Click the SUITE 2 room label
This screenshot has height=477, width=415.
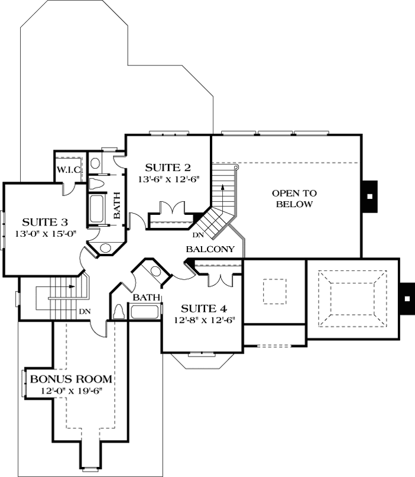click(x=168, y=167)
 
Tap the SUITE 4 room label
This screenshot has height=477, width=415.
click(x=203, y=308)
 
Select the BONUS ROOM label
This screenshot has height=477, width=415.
click(x=71, y=378)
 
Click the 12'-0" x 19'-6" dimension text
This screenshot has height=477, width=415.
click(x=71, y=390)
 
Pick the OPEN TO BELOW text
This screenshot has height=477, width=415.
click(x=294, y=198)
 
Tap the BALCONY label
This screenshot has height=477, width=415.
click(x=210, y=249)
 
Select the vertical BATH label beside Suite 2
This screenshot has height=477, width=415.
click(x=117, y=205)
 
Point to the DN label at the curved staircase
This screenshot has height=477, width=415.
click(x=199, y=235)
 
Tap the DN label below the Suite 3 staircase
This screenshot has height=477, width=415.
click(x=85, y=311)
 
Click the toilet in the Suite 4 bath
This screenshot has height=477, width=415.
click(x=118, y=311)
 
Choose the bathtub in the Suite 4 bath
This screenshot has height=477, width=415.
click(x=145, y=311)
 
